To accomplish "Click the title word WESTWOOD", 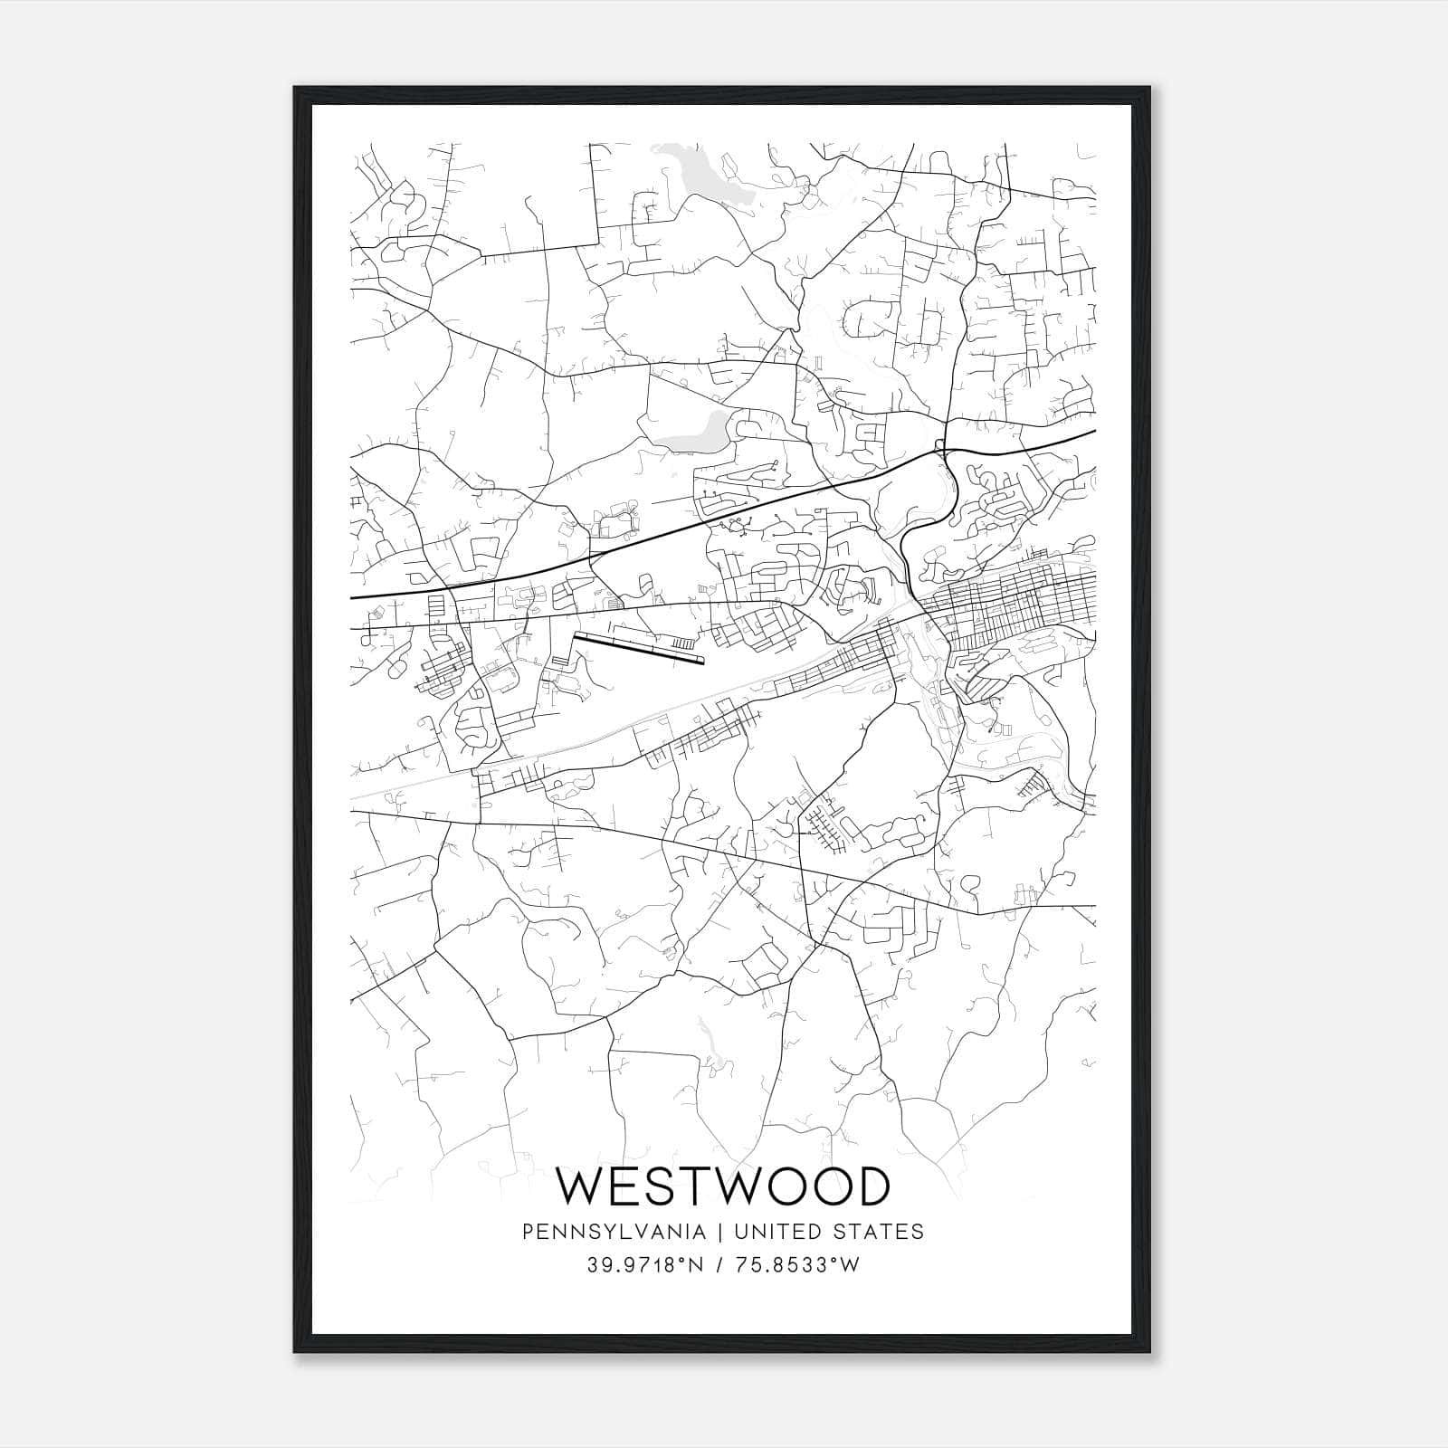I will coord(722,1186).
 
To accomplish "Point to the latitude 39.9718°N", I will coord(644,1265).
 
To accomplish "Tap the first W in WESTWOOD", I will coord(581,1186).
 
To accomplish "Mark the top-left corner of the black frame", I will coord(296,89).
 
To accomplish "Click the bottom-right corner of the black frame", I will coord(1150,1352).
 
